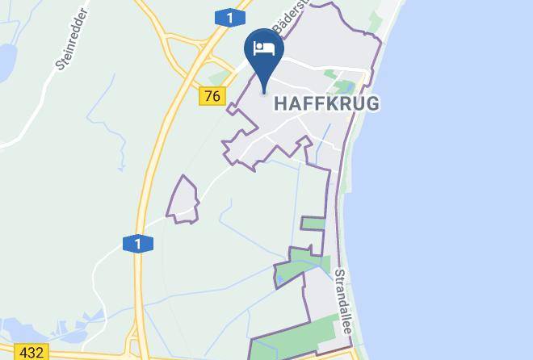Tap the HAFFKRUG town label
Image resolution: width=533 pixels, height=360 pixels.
327,103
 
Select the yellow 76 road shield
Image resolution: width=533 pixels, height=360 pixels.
212,96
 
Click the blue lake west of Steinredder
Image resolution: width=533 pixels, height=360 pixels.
6,58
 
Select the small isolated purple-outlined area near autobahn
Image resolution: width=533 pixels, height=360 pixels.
183,199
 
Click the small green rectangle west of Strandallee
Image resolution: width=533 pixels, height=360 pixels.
313,224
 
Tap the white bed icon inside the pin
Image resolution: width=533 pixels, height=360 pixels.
264,48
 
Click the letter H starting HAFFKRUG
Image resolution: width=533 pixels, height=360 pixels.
282,104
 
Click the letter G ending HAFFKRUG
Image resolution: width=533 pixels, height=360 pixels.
371,104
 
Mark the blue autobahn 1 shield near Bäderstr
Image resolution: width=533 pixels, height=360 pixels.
230,17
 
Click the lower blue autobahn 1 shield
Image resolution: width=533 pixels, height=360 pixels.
137,243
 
